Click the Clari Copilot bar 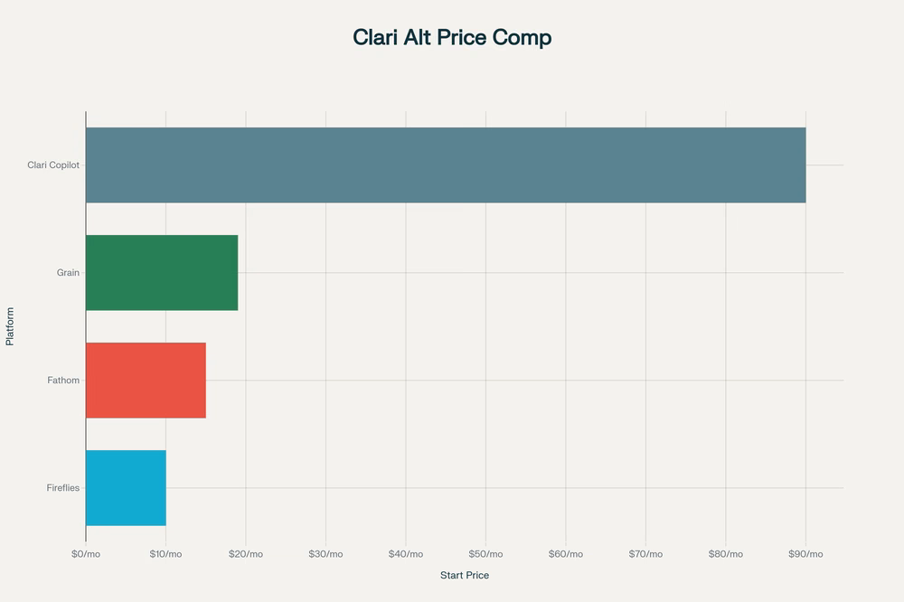coord(446,165)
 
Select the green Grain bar coord(162,272)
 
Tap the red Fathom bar coord(146,380)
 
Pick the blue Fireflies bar coord(126,487)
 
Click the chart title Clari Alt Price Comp coord(452,38)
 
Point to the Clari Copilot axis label coord(53,165)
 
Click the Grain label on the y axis coord(68,272)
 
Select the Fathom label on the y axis coord(63,380)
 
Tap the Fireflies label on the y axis coord(62,487)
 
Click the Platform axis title coord(10,326)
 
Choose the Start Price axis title coord(465,576)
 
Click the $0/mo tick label coord(86,554)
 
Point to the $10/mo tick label coord(165,554)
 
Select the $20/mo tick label coord(246,554)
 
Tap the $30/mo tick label coord(325,554)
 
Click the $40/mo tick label coord(406,554)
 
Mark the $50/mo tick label coord(485,554)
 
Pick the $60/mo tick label coord(566,554)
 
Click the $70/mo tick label coord(645,554)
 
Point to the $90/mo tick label coord(805,554)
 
